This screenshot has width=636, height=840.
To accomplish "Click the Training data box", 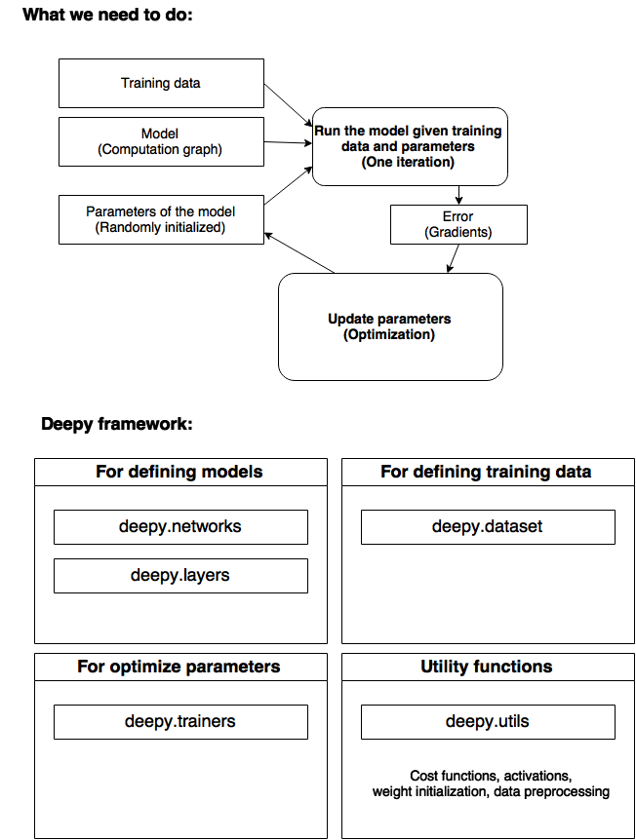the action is click(161, 83).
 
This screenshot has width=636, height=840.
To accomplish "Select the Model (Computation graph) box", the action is click(161, 141).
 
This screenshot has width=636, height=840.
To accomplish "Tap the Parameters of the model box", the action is click(161, 219).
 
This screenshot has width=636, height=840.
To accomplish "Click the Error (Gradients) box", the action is click(458, 224).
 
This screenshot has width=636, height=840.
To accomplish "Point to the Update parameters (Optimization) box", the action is click(390, 326).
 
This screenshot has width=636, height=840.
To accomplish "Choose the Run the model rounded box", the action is click(410, 147).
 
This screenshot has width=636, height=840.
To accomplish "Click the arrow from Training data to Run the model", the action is click(289, 105).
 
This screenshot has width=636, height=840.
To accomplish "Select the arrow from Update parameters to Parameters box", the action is click(299, 252).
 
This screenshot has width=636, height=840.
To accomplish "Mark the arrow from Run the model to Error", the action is click(458, 195).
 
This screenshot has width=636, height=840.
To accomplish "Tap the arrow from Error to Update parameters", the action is click(454, 259).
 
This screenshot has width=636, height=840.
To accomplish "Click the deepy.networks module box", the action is click(180, 527).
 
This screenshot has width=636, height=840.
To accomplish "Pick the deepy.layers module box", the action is click(180, 576).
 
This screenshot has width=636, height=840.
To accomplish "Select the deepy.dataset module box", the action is click(488, 527).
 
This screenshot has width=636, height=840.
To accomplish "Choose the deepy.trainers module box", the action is click(180, 722).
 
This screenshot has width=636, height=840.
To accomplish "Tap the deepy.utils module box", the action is click(488, 722).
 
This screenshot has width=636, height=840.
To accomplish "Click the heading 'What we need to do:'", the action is click(107, 15).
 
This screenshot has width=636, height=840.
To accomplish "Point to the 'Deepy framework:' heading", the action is click(117, 424).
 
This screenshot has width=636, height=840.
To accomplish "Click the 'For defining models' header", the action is click(179, 472).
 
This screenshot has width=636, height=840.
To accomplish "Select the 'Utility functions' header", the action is click(487, 667).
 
